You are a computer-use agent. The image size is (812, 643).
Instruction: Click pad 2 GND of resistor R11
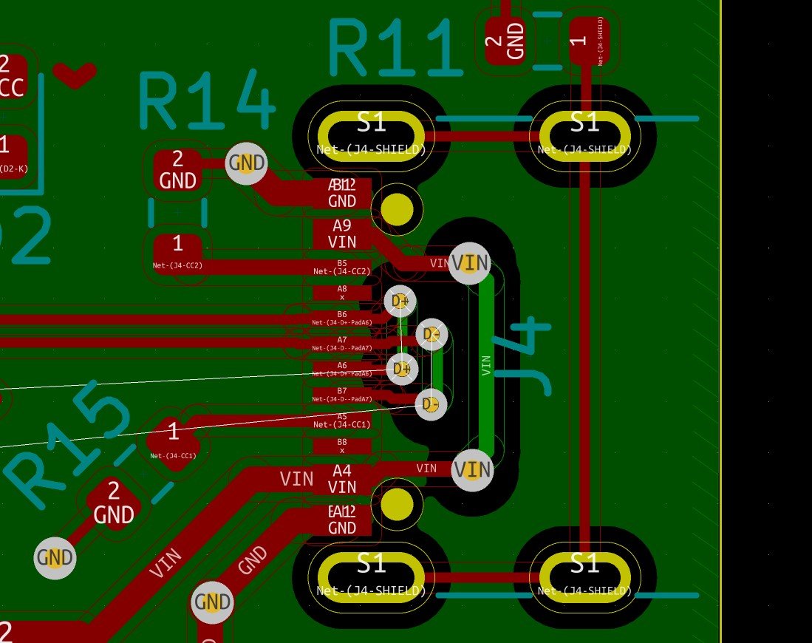point(505,38)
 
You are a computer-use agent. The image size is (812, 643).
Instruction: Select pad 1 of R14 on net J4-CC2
point(177,251)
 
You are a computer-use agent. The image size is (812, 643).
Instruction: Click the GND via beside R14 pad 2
point(246,163)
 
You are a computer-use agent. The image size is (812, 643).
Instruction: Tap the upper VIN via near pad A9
point(470,263)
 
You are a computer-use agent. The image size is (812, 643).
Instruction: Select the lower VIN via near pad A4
point(472,470)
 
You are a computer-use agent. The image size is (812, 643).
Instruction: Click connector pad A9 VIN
point(342,234)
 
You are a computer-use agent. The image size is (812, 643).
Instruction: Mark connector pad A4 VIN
point(342,479)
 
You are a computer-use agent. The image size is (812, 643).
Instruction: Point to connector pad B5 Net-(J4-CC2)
point(342,267)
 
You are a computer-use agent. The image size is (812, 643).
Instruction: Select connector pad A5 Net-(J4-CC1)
point(342,421)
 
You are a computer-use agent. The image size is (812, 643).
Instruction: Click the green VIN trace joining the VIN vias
point(485,366)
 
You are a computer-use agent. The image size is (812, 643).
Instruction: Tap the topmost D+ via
point(400,301)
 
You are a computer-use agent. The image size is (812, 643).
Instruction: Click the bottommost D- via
point(431,404)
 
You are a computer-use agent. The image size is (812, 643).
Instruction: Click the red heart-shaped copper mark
point(75,74)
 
